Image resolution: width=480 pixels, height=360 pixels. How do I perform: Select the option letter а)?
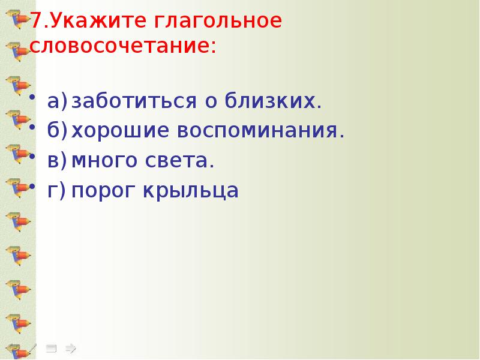coord(58,101)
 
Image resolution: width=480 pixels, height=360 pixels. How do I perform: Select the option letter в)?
coord(58,161)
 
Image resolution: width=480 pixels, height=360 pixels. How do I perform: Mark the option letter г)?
coord(57,191)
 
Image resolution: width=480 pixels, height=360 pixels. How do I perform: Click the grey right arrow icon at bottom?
coord(70,347)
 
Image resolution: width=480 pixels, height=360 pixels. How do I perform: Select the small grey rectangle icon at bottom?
coord(52,347)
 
